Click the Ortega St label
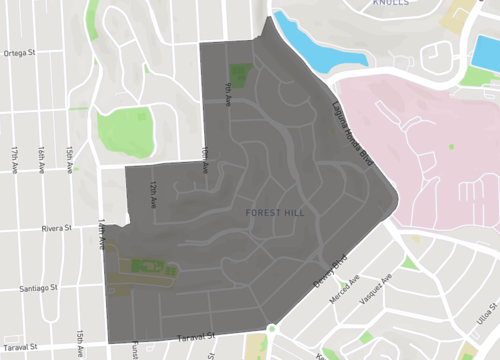coord(19,53)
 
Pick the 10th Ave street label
coord(205,160)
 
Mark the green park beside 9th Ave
coord(239,74)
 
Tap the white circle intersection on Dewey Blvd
coord(272,327)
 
